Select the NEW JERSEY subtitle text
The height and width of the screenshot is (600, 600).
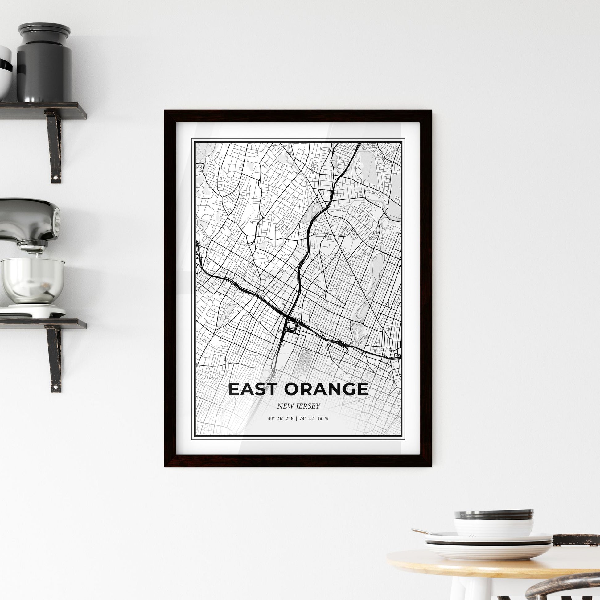298,406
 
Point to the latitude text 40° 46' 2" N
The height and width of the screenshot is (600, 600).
281,418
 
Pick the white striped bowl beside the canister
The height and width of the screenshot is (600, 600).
5,72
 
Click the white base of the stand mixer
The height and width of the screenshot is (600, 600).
33,310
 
